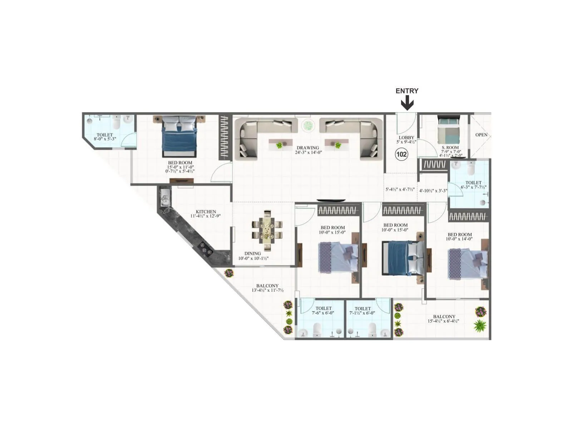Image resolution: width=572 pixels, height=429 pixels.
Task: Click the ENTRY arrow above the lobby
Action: [407, 103]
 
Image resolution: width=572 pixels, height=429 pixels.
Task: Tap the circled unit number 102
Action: [401, 154]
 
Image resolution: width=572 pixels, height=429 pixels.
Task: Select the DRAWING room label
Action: [307, 148]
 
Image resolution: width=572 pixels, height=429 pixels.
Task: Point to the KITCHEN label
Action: [206, 212]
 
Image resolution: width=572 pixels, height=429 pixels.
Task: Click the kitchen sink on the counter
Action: [166, 198]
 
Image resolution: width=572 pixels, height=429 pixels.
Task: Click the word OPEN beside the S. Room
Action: [481, 135]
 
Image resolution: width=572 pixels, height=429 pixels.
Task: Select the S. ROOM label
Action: [450, 147]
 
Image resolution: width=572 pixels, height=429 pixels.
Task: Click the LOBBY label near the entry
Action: [406, 138]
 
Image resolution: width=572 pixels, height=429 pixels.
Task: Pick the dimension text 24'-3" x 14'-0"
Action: [309, 152]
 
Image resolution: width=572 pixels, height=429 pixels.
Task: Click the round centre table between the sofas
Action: [307, 125]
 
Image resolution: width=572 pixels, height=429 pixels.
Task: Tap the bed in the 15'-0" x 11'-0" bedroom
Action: [179, 137]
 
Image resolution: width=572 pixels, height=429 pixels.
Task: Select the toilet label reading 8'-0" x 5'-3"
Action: [105, 139]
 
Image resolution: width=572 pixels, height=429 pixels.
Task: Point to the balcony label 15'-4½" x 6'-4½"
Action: [443, 321]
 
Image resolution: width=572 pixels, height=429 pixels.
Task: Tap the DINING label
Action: [252, 253]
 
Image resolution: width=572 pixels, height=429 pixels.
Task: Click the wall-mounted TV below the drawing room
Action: [331, 201]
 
